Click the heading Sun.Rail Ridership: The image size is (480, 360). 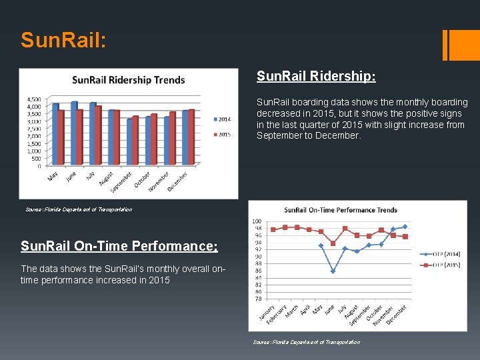click(316, 77)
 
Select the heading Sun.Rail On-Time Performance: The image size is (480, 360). click(119, 246)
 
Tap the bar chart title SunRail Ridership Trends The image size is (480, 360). click(128, 80)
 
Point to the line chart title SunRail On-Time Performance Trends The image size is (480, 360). click(340, 210)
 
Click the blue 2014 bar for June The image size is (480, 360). click(74, 133)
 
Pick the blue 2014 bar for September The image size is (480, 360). click(130, 142)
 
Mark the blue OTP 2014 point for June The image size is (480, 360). click(333, 271)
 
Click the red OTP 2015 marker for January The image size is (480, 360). click(273, 229)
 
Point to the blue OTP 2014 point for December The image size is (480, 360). click(405, 227)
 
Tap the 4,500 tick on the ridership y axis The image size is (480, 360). click(34, 99)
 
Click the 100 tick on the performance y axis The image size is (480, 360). click(257, 221)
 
